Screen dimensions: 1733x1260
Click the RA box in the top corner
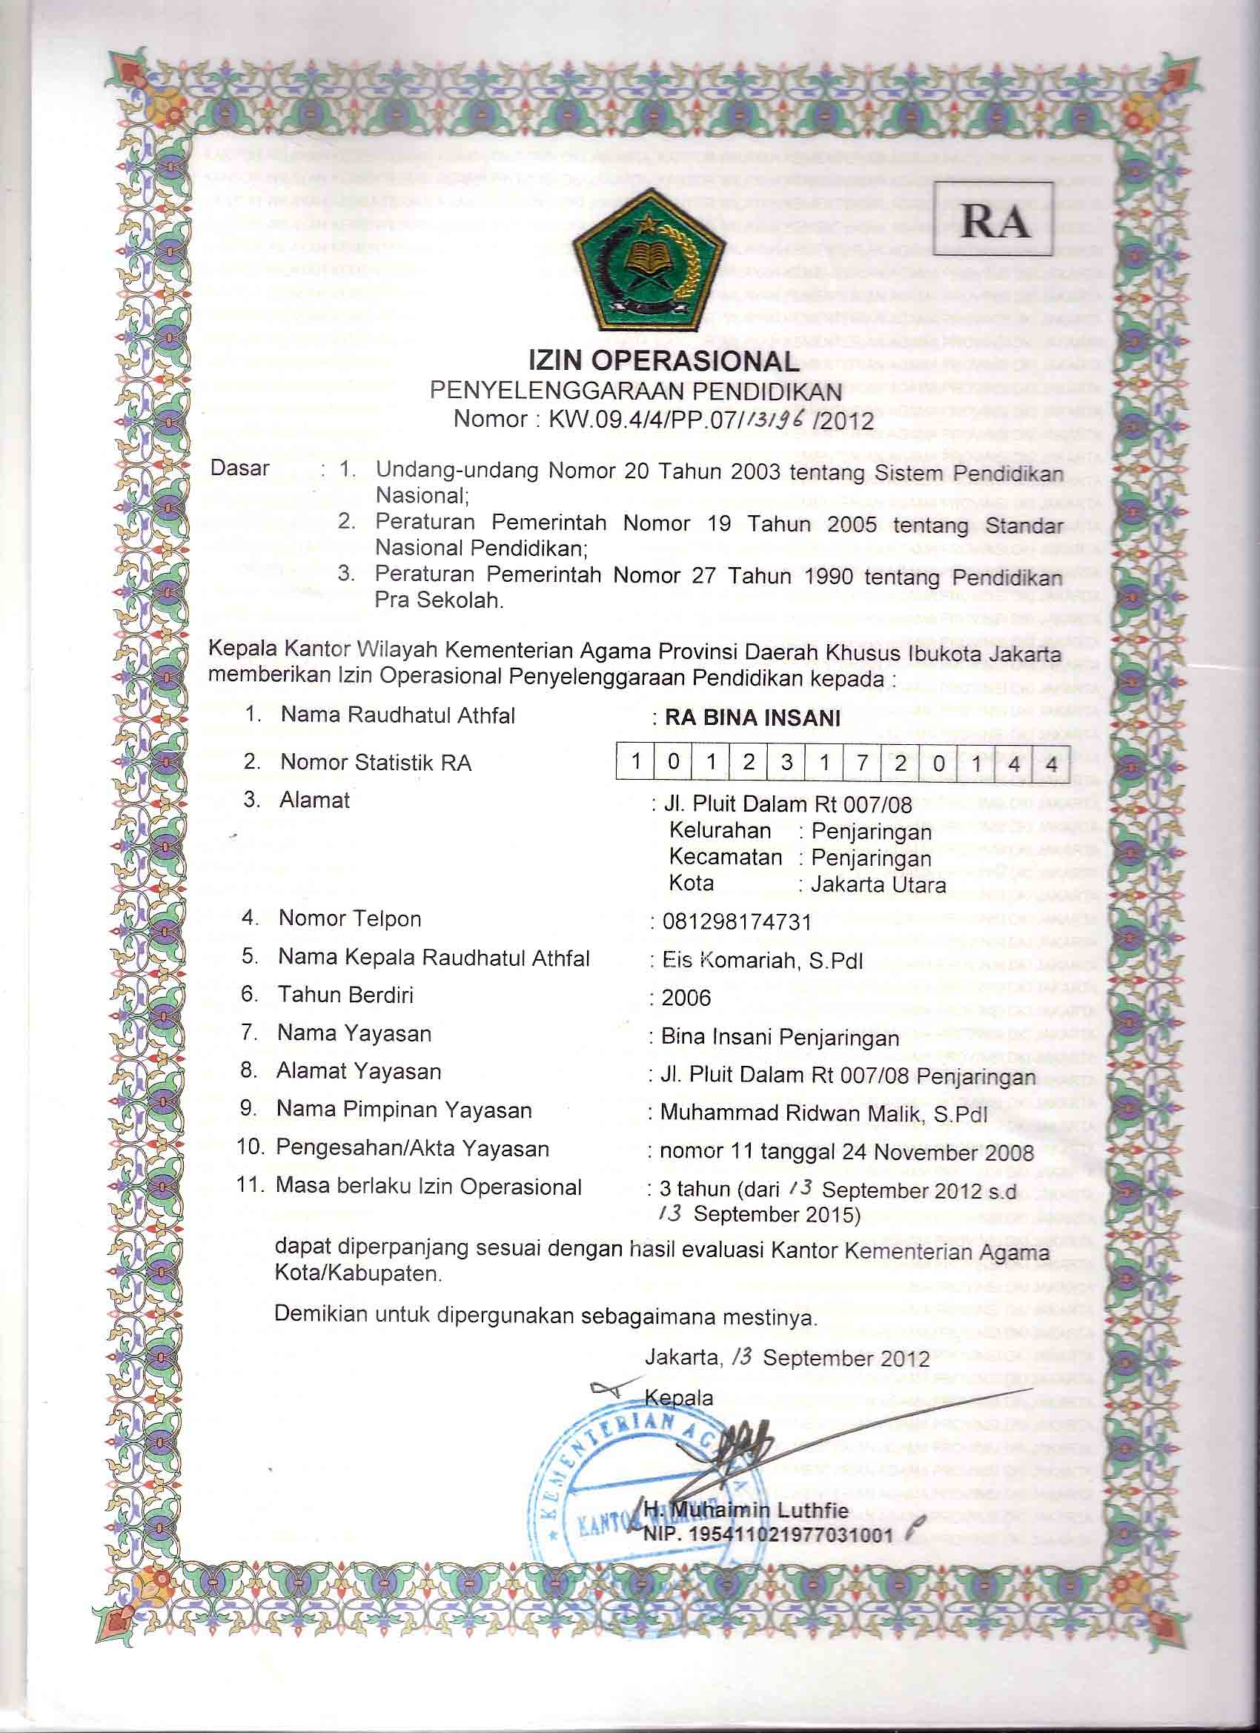pos(993,219)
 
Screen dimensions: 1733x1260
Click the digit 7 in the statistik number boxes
pos(862,763)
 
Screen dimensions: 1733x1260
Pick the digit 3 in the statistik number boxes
pos(786,763)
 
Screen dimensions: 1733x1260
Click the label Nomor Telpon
pos(349,918)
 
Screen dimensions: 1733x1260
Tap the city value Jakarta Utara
pos(878,885)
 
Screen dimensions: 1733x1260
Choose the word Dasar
pos(240,468)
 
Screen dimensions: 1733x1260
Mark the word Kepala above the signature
pos(678,1397)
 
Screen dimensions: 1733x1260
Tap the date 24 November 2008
pos(938,1153)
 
